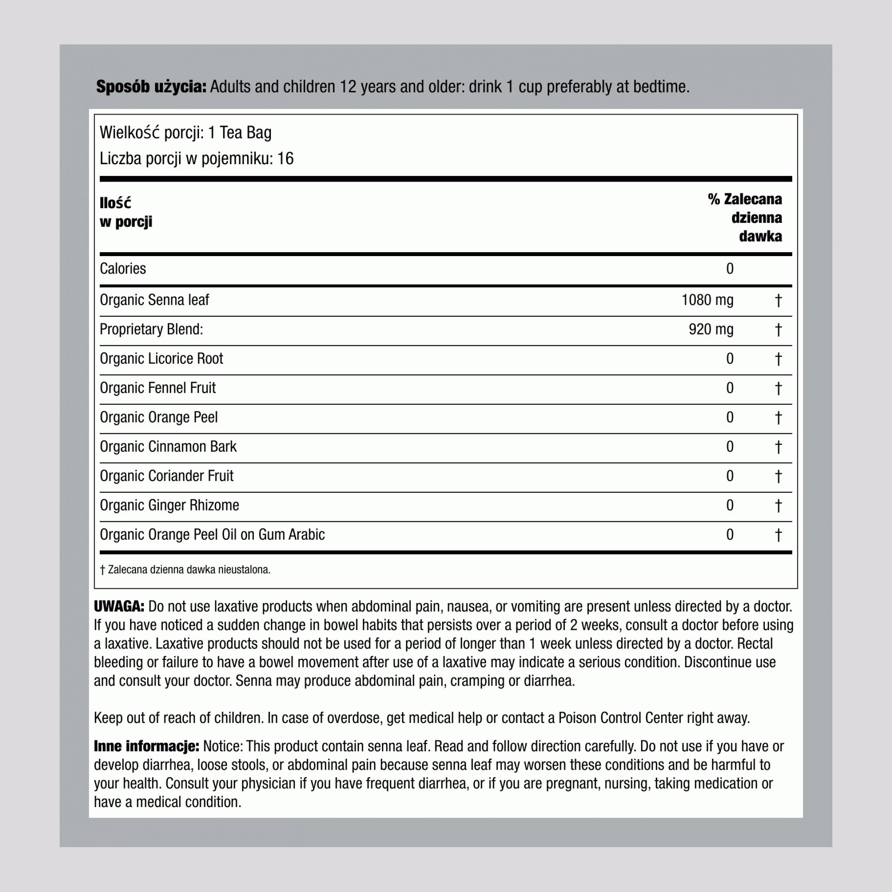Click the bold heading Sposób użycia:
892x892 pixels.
pos(151,87)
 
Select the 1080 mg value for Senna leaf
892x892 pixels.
pos(707,301)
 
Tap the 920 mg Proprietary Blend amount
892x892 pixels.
pos(711,330)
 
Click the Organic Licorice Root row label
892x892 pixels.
pos(161,359)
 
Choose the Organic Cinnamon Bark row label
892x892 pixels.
pos(168,447)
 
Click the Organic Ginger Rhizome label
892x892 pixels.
pos(169,506)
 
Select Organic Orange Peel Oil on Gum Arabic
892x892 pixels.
pos(212,535)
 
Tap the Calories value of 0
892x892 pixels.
pos(730,269)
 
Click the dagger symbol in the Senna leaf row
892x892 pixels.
pos(778,301)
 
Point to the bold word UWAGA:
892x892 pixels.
pos(119,607)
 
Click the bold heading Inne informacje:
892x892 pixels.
pos(146,747)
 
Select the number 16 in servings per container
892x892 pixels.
pos(285,159)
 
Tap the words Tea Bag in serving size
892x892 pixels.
pos(245,133)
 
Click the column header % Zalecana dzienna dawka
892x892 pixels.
pos(745,218)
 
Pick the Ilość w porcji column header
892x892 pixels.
pos(125,213)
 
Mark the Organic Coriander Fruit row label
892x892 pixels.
pos(167,476)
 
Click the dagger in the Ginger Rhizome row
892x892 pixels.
pos(778,506)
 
